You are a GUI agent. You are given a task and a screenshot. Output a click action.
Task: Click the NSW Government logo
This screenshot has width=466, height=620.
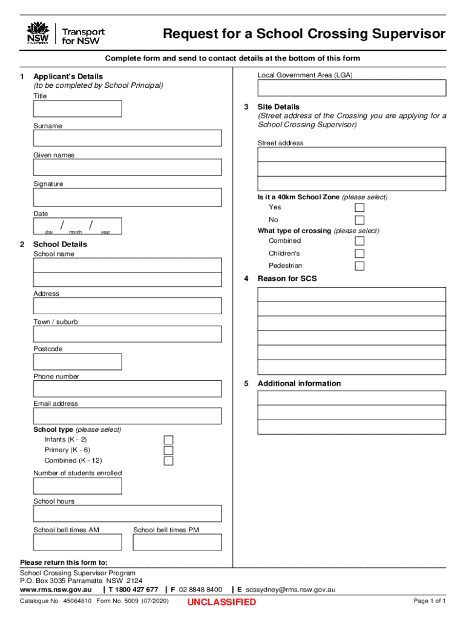click(x=38, y=34)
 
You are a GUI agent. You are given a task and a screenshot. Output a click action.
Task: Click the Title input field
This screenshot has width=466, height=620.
click(x=77, y=109)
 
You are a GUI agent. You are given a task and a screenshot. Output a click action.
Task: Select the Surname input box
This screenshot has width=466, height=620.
click(x=127, y=138)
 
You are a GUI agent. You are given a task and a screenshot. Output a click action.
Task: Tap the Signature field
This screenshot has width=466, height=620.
click(x=127, y=197)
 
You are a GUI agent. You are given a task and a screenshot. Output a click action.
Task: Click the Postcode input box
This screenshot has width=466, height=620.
click(x=77, y=361)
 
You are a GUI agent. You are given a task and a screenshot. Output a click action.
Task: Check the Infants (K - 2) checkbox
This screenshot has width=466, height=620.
click(x=169, y=440)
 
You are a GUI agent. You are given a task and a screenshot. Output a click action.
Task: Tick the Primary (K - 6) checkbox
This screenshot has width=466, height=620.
click(x=169, y=450)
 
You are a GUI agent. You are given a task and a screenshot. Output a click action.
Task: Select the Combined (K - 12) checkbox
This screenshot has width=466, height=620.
click(x=169, y=461)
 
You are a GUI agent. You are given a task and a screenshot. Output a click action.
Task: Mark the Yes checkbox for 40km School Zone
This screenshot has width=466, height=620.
click(x=359, y=208)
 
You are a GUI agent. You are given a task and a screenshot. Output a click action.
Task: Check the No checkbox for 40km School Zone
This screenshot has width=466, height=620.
click(x=359, y=220)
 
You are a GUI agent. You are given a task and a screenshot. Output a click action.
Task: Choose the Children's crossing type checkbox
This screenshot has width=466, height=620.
click(x=359, y=254)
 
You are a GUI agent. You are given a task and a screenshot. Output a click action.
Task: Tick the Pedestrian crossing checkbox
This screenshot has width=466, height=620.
click(x=359, y=266)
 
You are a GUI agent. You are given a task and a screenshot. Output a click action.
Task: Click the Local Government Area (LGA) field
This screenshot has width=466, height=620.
click(x=352, y=88)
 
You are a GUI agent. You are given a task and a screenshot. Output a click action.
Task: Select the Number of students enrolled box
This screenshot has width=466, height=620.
click(x=77, y=486)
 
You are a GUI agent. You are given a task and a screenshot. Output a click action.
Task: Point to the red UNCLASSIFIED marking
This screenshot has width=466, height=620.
click(x=222, y=602)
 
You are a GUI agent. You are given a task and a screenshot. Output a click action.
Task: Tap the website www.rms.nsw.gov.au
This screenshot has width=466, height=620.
click(x=56, y=589)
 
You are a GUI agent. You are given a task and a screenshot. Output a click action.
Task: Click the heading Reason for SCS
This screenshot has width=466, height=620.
click(x=287, y=279)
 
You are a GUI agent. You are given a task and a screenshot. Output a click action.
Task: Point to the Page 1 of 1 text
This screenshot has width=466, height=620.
click(x=430, y=601)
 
